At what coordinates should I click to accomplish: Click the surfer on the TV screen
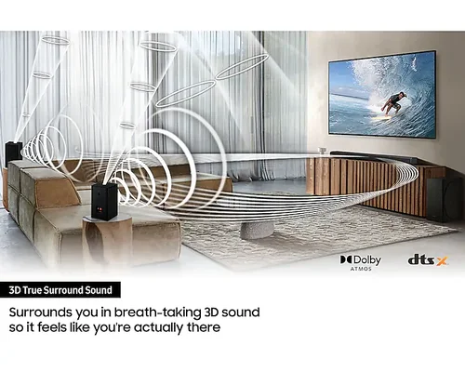coord(393,103)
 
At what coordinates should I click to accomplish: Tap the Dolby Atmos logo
coord(361,262)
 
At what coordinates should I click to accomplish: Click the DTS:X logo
coord(428,259)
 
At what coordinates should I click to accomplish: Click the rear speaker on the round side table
coord(104,201)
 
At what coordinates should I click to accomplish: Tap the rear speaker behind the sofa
coord(13,153)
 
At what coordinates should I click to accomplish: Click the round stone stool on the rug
coord(257,230)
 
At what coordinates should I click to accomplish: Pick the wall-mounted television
coord(382,94)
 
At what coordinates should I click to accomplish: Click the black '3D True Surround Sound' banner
coord(60,290)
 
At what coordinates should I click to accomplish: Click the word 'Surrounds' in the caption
coord(41,312)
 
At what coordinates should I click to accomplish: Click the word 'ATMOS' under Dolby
coord(361,269)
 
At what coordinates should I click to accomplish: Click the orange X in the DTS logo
coord(442,261)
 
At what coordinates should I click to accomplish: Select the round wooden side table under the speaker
coord(107,237)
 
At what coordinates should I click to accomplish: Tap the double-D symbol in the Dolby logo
coord(346,259)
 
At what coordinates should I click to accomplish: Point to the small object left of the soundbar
coord(323,151)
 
